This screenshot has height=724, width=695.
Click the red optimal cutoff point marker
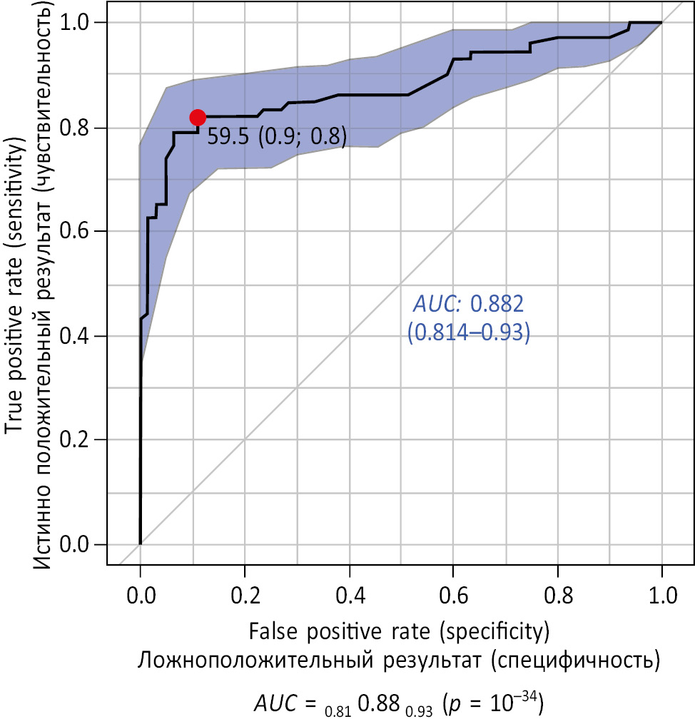click(x=198, y=118)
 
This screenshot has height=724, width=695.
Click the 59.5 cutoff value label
click(x=229, y=137)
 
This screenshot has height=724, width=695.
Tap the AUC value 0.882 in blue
click(x=498, y=305)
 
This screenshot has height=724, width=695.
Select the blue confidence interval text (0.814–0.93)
click(x=468, y=334)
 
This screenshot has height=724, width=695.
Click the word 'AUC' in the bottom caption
click(x=278, y=705)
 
